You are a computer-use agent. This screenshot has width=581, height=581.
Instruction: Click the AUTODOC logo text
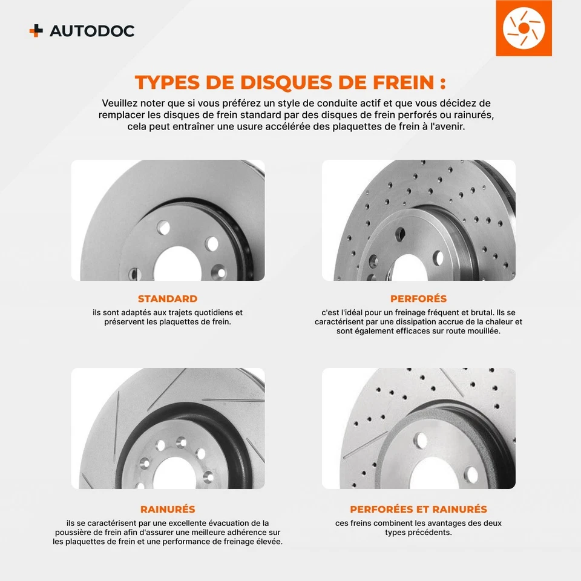(91, 31)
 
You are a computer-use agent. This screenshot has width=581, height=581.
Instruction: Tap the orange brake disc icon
(524, 28)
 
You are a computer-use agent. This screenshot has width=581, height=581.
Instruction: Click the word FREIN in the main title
(393, 82)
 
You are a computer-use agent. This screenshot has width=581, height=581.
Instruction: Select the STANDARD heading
(168, 298)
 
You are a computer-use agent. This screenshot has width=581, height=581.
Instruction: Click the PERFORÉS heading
(418, 298)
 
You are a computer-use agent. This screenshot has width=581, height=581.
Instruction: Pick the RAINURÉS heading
(168, 509)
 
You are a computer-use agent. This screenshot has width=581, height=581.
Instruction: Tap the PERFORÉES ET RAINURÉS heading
(418, 509)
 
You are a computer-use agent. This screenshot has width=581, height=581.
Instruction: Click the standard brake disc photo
(168, 220)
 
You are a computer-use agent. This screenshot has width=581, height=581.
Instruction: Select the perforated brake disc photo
(418, 220)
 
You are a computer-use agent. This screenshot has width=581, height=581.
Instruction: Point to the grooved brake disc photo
(168, 428)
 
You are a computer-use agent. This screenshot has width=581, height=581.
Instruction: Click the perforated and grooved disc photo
(418, 428)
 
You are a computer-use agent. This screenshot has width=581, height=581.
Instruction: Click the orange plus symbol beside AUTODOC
(36, 31)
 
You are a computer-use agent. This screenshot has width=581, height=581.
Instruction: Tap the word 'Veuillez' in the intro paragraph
(121, 103)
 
